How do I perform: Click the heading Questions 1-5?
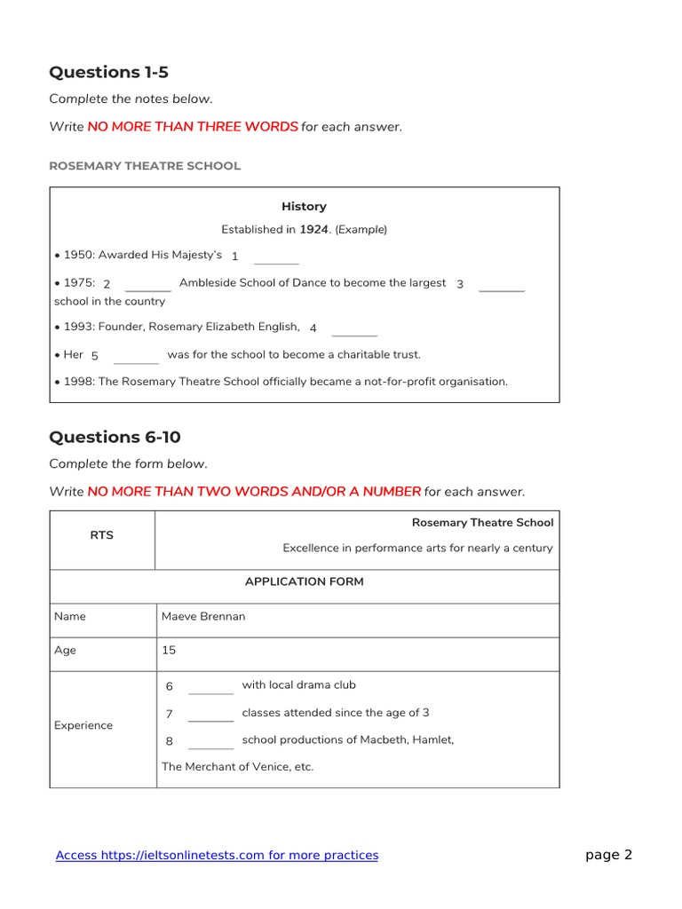pos(108,73)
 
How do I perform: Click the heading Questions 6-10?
pos(115,437)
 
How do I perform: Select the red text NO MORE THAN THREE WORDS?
pos(193,127)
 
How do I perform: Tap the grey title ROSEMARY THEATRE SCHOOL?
pos(145,166)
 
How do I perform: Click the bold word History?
pos(304,206)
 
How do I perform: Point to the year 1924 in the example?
pos(313,229)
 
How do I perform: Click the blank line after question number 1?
pos(276,261)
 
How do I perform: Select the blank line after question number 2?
pos(148,289)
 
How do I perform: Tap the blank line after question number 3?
pos(502,289)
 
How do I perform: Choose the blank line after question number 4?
pos(354,333)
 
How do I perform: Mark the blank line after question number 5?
pos(137,360)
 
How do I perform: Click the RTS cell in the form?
pos(102,535)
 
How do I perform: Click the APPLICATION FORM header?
pos(305,582)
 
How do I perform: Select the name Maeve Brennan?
pos(203,616)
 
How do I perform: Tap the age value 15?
pos(169,650)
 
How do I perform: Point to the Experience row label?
pos(83,725)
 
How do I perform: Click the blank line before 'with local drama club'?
pos(211,691)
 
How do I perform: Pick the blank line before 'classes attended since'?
pos(211,718)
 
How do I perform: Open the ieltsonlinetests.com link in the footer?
pos(217,855)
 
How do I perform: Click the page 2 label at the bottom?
pos(608,855)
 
